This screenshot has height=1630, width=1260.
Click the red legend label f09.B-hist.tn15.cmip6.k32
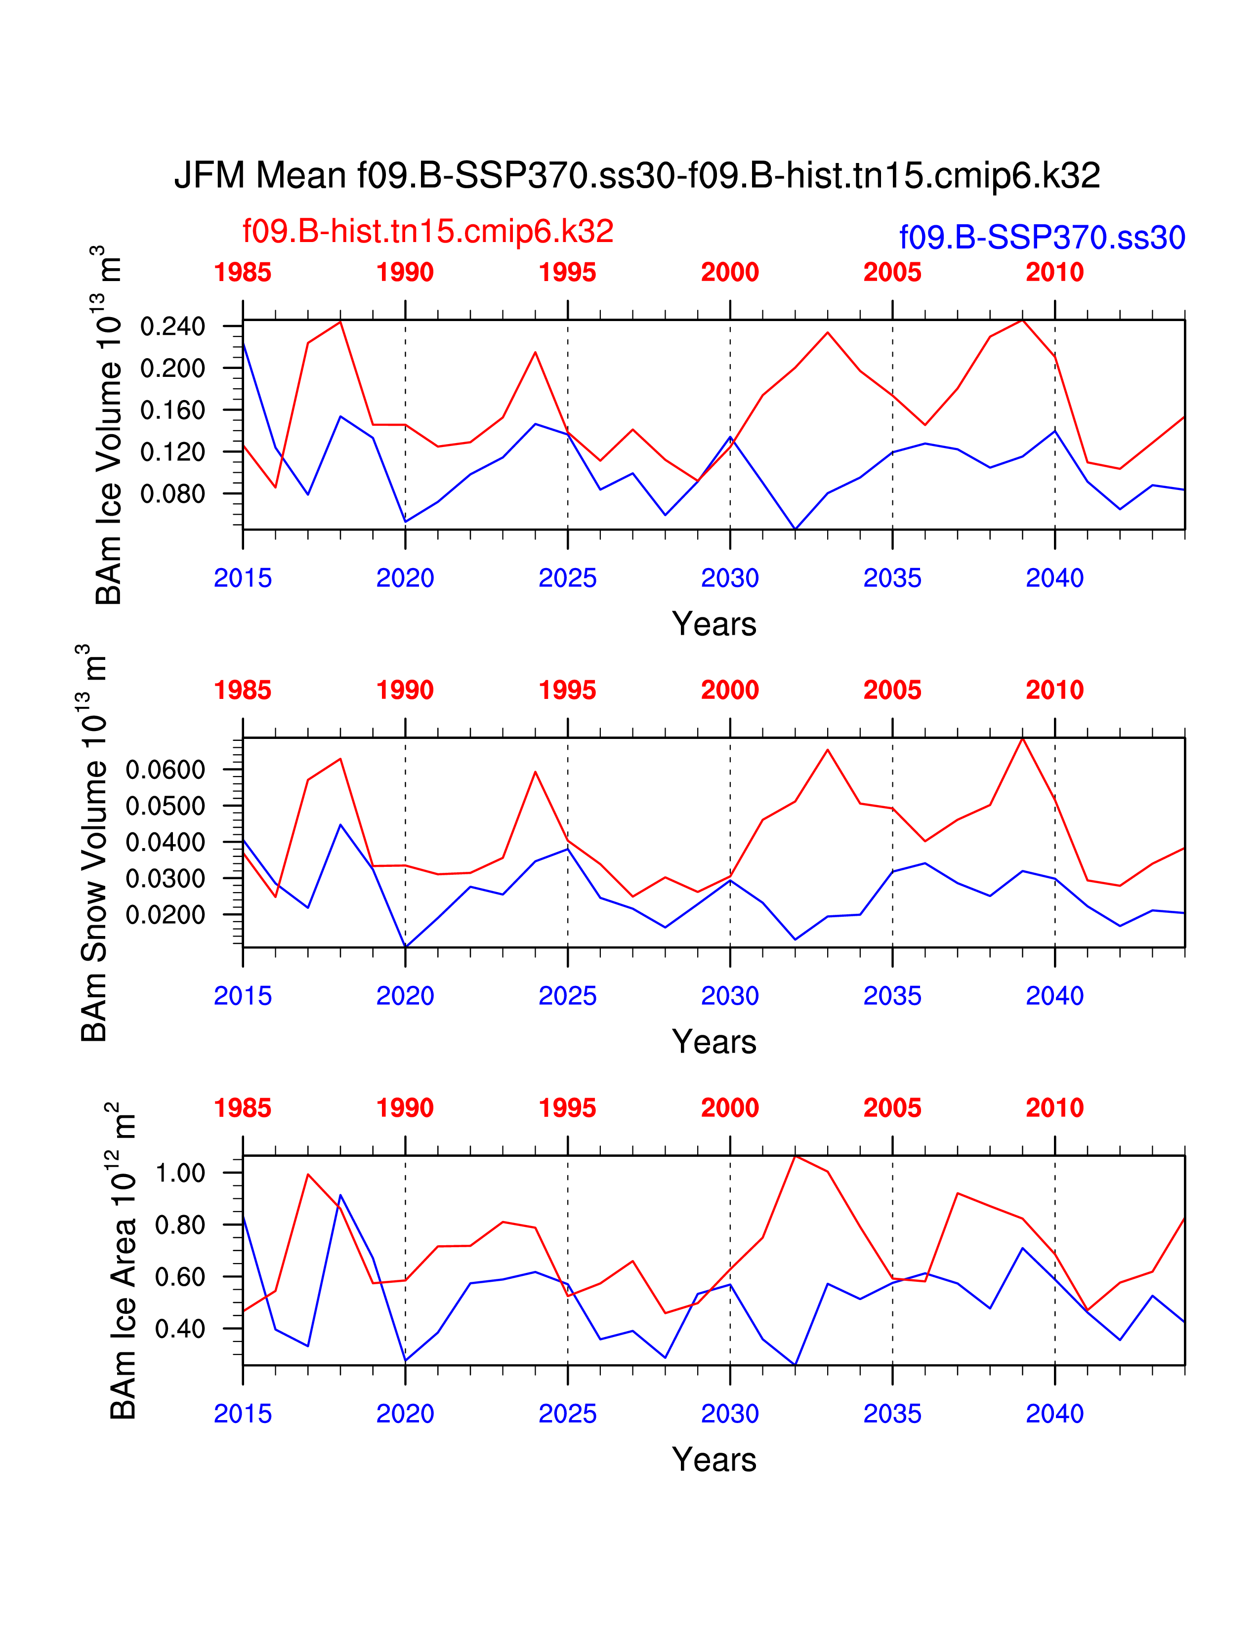[x=428, y=231]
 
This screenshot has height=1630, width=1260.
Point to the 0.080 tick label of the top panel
[x=172, y=494]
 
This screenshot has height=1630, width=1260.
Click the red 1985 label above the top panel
[x=243, y=273]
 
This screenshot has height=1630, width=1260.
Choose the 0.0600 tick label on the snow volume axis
[x=165, y=770]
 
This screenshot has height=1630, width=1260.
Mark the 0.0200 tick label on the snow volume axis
[x=165, y=915]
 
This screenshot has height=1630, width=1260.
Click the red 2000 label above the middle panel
[x=729, y=691]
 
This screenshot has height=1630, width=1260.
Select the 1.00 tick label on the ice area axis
[x=180, y=1173]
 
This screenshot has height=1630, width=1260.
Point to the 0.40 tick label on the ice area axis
[x=180, y=1329]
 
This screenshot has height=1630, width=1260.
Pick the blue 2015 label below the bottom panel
[x=243, y=1414]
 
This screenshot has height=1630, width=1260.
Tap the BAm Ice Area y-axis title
[x=123, y=1262]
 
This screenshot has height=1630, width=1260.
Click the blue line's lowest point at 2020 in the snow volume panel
[x=405, y=946]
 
